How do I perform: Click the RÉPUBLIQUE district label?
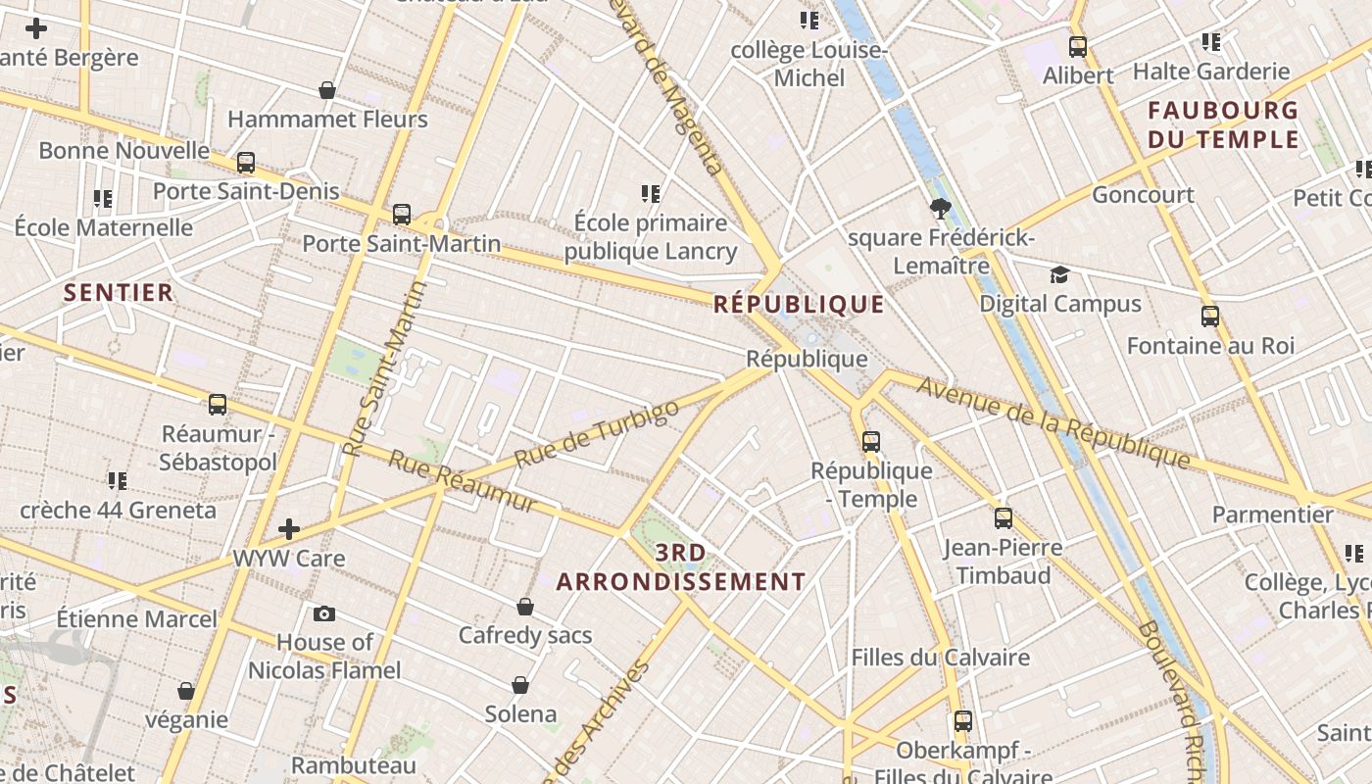click(799, 304)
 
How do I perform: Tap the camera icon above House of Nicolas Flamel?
click(324, 614)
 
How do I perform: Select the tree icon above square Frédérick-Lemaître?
click(941, 208)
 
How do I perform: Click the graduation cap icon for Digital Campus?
click(1059, 274)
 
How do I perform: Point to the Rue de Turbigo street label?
click(596, 434)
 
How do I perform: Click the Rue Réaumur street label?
click(464, 481)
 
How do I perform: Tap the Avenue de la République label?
click(1053, 421)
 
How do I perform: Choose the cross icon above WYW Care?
click(289, 529)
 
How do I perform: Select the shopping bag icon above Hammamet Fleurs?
click(327, 90)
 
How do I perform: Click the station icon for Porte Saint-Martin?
click(402, 214)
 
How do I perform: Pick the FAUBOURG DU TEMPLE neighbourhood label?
click(1223, 124)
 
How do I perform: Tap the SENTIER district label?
click(119, 292)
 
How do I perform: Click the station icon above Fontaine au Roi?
click(1210, 316)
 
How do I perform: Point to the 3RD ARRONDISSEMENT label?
click(681, 567)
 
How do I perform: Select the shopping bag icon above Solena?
click(520, 684)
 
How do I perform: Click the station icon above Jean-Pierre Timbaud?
click(1004, 517)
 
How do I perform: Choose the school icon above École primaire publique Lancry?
click(651, 194)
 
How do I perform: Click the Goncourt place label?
click(1143, 194)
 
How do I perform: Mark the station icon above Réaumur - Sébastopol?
click(218, 404)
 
